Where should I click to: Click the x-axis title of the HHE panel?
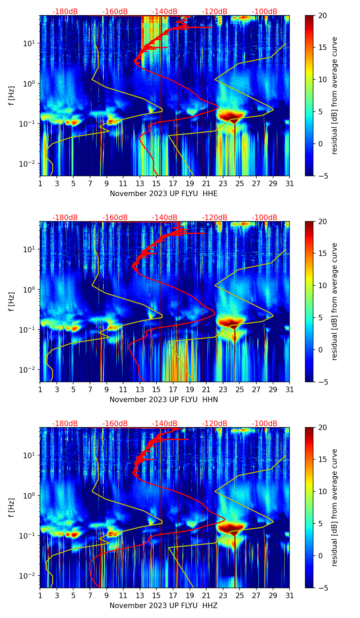click(164, 194)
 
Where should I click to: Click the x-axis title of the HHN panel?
click(164, 400)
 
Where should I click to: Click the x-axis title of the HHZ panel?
click(164, 606)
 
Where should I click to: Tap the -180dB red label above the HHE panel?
click(65, 12)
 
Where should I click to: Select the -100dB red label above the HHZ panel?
click(265, 424)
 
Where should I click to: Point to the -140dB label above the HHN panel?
click(165, 218)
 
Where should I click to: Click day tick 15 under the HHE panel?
click(156, 183)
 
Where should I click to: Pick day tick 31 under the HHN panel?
click(290, 389)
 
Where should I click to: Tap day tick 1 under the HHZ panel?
click(40, 595)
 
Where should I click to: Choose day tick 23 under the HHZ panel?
click(223, 595)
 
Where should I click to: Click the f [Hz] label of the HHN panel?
click(12, 301)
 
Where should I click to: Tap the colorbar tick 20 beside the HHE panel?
click(323, 15)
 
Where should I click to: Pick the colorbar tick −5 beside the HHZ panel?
click(323, 588)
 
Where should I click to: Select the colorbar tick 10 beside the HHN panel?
click(323, 285)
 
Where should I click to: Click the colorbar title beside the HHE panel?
click(335, 95)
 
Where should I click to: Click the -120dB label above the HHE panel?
click(215, 12)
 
